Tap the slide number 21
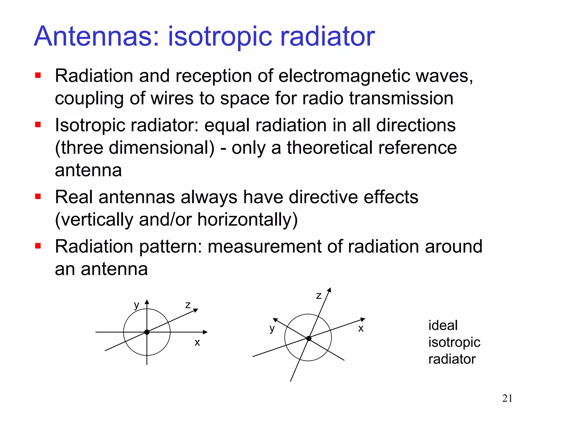[x=507, y=398]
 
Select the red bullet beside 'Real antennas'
[x=38, y=197]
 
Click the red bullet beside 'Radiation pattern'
[x=38, y=246]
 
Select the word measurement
[x=265, y=246]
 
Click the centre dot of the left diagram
[x=147, y=332]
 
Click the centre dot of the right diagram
[x=309, y=338]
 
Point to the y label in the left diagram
[x=136, y=305]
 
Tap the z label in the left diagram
[x=188, y=305]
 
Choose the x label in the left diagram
[x=197, y=343]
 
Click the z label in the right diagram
[x=319, y=296]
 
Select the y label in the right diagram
[x=272, y=328]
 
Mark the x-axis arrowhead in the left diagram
[x=205, y=332]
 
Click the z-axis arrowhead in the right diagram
[x=330, y=290]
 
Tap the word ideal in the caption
[x=443, y=326]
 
